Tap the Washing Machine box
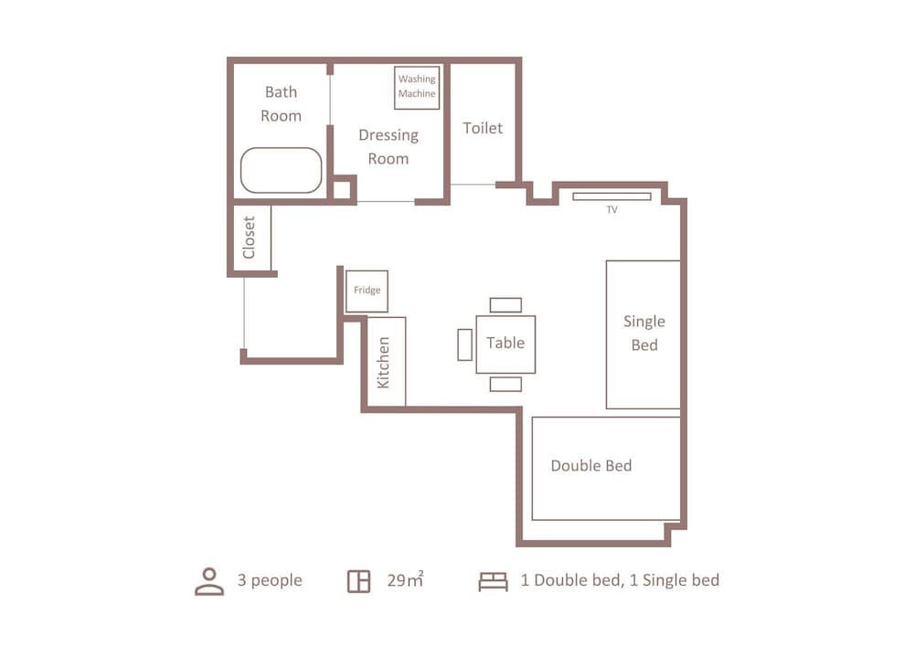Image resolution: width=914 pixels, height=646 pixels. [417, 88]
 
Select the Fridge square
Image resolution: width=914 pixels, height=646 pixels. [367, 291]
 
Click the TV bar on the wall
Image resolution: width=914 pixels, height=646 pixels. [611, 196]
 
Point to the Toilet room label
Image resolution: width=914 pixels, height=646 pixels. [483, 128]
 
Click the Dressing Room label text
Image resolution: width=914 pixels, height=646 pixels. [388, 147]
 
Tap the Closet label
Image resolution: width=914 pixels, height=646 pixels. [249, 238]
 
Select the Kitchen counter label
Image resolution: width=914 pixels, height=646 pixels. [383, 363]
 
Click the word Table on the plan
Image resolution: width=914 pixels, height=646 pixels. [505, 343]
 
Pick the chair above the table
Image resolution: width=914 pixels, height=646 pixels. [505, 305]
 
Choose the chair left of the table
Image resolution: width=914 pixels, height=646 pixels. [464, 344]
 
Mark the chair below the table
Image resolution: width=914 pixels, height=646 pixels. [505, 384]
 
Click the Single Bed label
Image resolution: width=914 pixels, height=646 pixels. [644, 334]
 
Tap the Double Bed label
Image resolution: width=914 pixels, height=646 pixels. [591, 465]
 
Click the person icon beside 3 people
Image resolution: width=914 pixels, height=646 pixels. [209, 581]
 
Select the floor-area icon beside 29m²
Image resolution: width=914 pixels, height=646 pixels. [358, 581]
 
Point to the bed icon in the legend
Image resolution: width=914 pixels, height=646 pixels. [494, 581]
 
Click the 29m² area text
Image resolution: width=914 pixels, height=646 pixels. [406, 579]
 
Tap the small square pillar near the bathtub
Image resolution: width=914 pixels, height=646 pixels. [342, 190]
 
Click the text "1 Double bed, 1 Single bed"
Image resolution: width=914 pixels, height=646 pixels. [621, 580]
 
